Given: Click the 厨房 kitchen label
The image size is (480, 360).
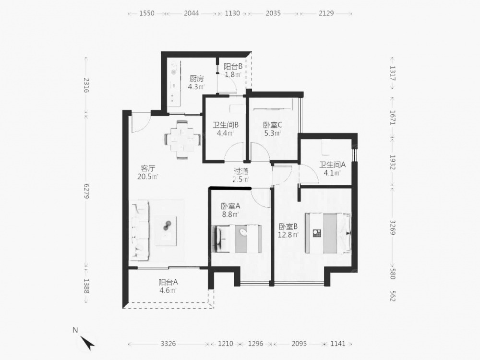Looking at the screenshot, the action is pyautogui.click(x=196, y=79).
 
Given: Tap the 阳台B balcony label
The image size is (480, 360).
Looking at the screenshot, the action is pyautogui.click(x=233, y=66).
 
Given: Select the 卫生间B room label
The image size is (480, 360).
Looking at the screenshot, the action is pyautogui.click(x=226, y=125).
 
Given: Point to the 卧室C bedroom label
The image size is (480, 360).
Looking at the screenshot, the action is pyautogui.click(x=273, y=125).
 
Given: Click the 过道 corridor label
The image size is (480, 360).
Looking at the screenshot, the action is pyautogui.click(x=241, y=171).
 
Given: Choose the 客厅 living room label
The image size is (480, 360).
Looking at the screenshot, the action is pyautogui.click(x=148, y=168).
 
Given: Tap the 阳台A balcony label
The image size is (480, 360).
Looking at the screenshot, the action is pyautogui.click(x=168, y=282).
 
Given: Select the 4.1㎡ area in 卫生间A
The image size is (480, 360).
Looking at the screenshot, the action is pyautogui.click(x=333, y=173).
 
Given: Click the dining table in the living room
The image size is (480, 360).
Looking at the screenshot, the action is pyautogui.click(x=183, y=140).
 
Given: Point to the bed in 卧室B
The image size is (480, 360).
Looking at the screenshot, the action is pyautogui.click(x=328, y=233).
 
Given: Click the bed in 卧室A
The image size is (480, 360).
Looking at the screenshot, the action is pyautogui.click(x=237, y=239).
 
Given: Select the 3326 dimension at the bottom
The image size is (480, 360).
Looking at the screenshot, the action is pyautogui.click(x=168, y=344).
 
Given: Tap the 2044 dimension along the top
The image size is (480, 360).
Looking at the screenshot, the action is pyautogui.click(x=192, y=13).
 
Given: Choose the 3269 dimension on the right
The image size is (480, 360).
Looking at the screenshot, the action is pyautogui.click(x=393, y=227).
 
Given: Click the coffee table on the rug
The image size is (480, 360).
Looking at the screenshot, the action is pyautogui.click(x=166, y=231).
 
